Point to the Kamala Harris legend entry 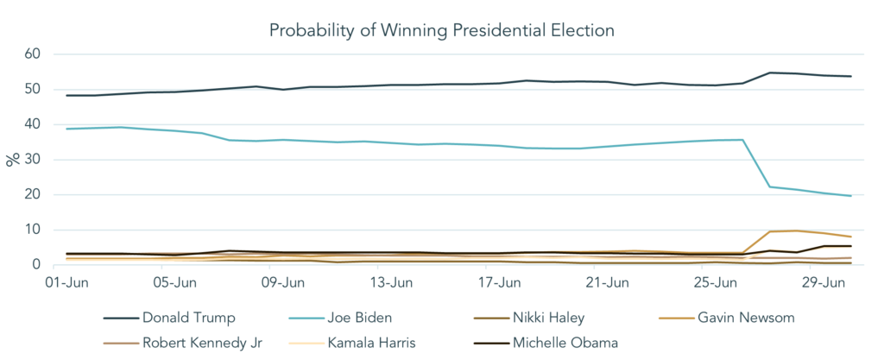pyautogui.click(x=371, y=342)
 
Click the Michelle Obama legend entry pyautogui.click(x=565, y=342)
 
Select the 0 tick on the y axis pyautogui.click(x=37, y=264)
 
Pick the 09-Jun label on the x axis pyautogui.click(x=284, y=282)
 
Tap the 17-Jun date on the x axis pyautogui.click(x=502, y=282)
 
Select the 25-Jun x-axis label pyautogui.click(x=720, y=282)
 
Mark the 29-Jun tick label pyautogui.click(x=829, y=282)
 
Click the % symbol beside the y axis pyautogui.click(x=12, y=159)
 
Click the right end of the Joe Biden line pyautogui.click(x=851, y=196)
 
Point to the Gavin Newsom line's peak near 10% pyautogui.click(x=797, y=231)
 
